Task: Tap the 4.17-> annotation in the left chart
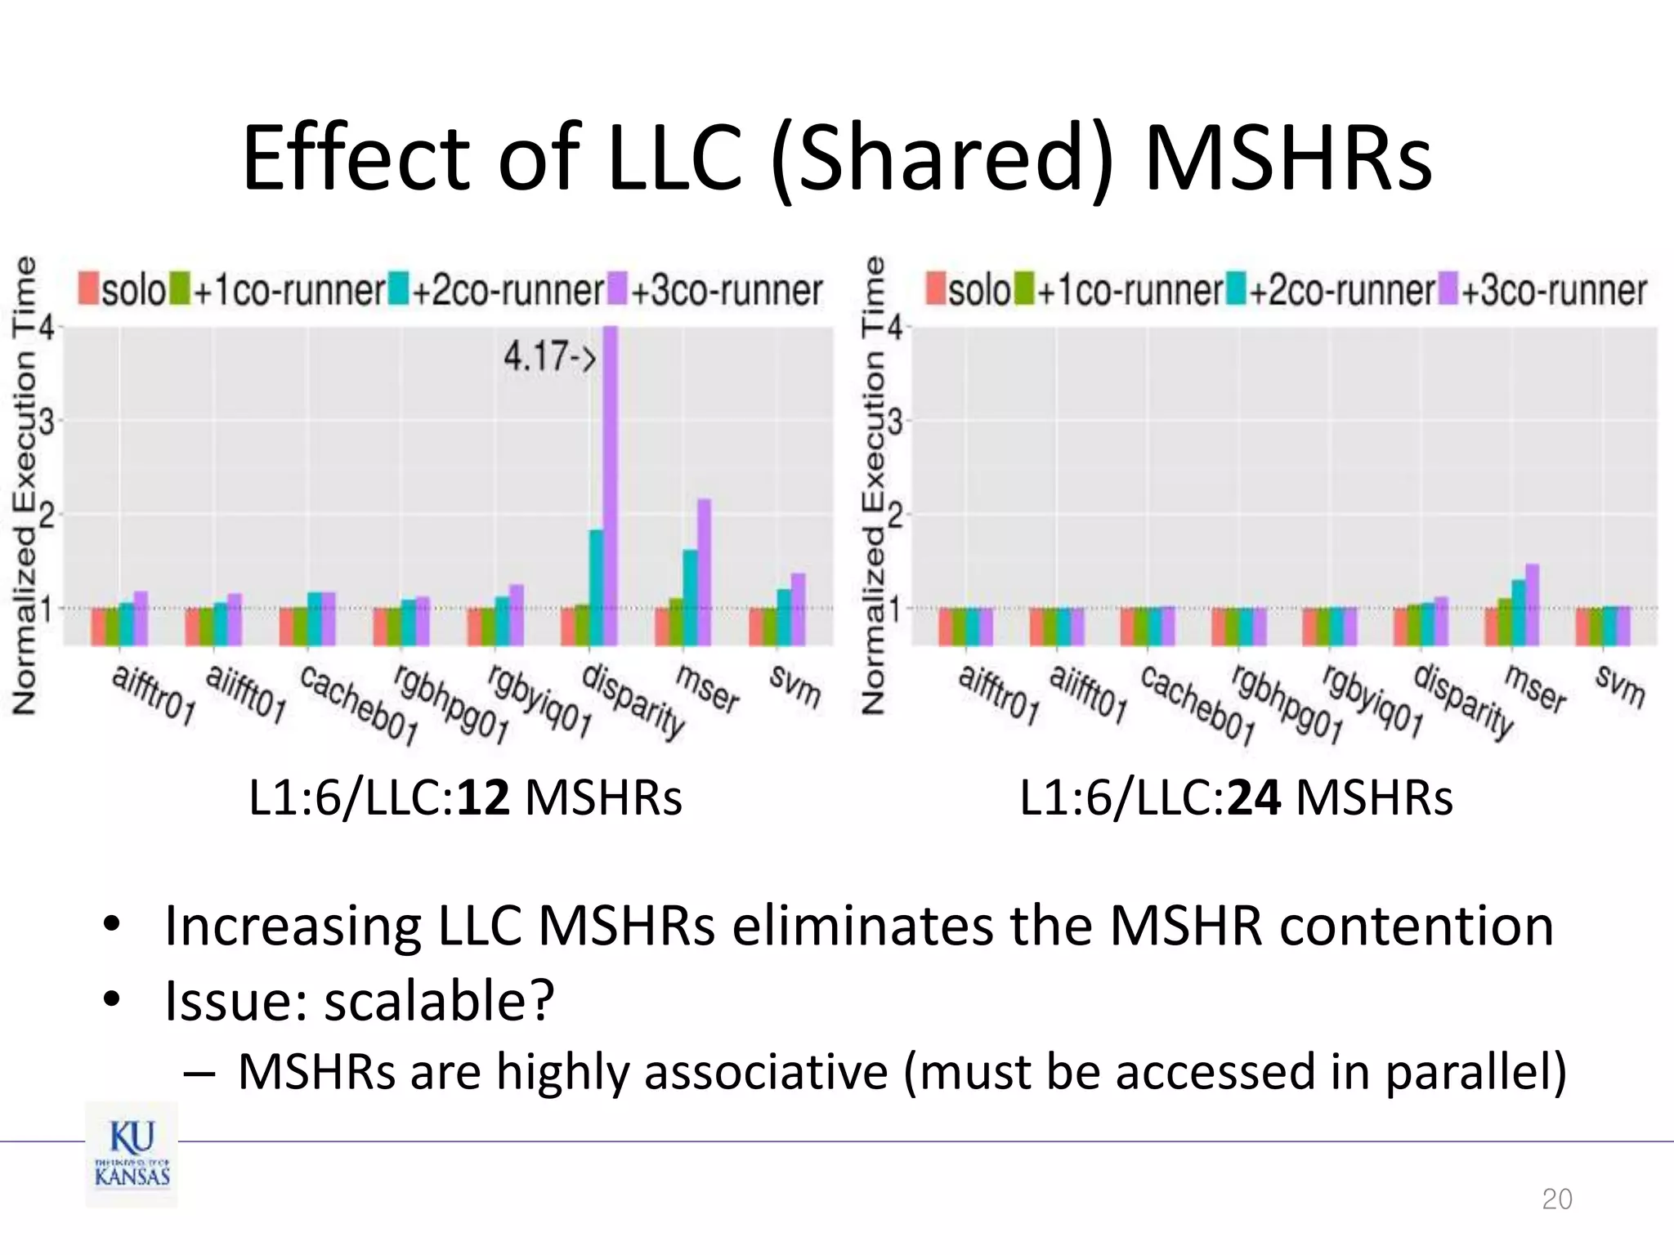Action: click(x=548, y=357)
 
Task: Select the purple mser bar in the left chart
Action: click(x=704, y=572)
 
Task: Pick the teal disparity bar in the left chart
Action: click(x=597, y=587)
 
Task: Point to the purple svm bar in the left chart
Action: click(x=798, y=609)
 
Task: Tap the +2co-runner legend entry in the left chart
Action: click(x=497, y=290)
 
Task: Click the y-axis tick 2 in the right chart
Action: click(x=894, y=516)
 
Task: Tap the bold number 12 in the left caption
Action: click(x=483, y=798)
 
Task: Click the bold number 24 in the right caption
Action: click(x=1253, y=798)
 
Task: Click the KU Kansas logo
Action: click(x=132, y=1154)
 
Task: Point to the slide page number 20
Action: click(x=1556, y=1199)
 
